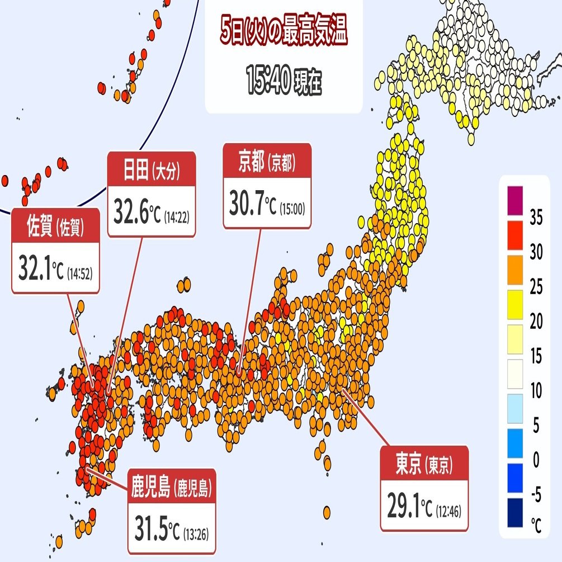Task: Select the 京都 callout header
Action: point(267,162)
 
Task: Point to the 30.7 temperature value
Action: point(246,204)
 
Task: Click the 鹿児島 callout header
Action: point(171,488)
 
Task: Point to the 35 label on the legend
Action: point(536,218)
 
